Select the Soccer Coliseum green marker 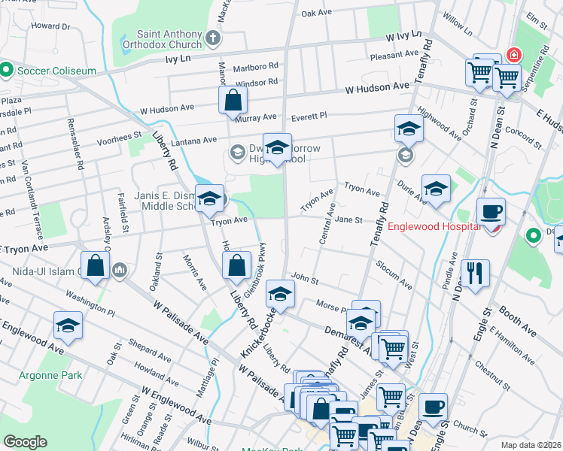tap(7, 71)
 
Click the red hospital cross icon tap(514, 55)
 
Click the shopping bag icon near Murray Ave tap(233, 99)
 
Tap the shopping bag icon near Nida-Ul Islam tap(95, 266)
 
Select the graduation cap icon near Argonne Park tap(68, 326)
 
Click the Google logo tap(24, 442)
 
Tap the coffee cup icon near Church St tap(432, 407)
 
